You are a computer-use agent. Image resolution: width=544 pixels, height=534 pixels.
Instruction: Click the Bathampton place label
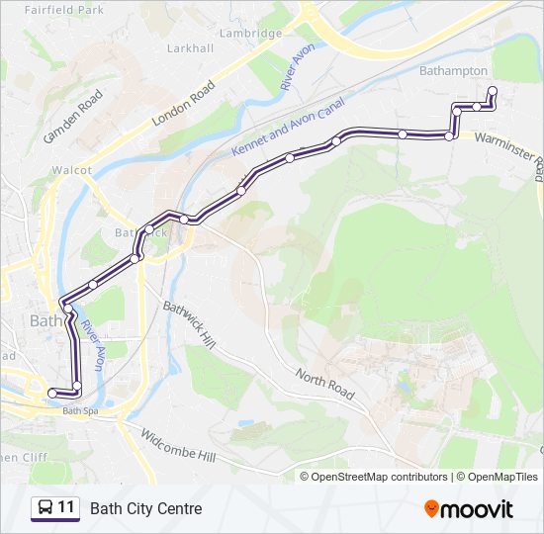coord(453,71)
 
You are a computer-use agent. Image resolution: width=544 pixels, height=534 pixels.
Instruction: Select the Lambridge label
coord(250,33)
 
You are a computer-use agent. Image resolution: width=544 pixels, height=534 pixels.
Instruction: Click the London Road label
coord(183,102)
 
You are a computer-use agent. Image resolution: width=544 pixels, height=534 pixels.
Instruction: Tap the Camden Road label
coord(73,117)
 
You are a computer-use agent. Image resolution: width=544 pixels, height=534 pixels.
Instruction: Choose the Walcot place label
coord(72,170)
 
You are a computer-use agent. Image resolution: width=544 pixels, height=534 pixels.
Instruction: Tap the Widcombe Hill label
coord(177,446)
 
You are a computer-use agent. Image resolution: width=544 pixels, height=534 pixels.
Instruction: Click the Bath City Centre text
coord(145,508)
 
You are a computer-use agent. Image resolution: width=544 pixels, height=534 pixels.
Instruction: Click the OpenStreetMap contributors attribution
coord(379,477)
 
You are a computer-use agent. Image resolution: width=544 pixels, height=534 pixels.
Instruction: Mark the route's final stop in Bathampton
coord(492,91)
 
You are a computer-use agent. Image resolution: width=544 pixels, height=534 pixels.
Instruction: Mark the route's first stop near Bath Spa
coord(52,394)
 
